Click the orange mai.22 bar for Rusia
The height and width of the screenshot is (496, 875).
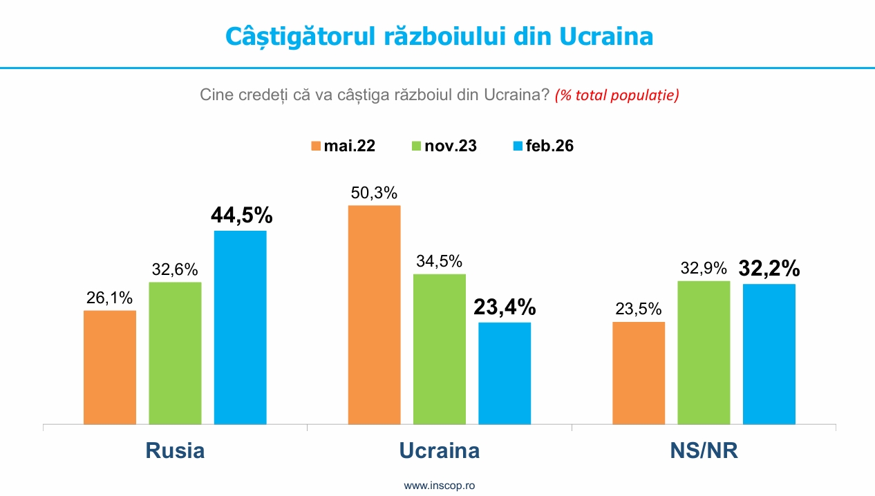[110, 367]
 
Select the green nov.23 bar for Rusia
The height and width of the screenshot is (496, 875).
[175, 353]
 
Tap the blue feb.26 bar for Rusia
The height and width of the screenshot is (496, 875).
[240, 327]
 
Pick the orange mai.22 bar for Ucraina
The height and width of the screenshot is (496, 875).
[374, 314]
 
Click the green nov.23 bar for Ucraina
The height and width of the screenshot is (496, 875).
[440, 349]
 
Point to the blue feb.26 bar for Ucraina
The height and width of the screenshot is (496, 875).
[505, 373]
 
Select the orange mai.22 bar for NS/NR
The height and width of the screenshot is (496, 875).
[639, 372]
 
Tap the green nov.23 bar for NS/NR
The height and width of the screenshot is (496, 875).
[704, 352]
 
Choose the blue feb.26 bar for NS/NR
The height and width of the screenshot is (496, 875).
[769, 354]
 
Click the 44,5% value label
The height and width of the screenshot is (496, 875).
[241, 216]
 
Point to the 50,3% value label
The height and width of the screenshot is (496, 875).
[374, 193]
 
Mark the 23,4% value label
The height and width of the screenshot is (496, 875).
[505, 307]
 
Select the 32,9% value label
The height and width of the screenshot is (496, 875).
[704, 268]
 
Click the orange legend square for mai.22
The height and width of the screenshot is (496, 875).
[316, 146]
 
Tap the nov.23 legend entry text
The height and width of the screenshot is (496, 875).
[451, 146]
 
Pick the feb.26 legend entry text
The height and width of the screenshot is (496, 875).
[549, 146]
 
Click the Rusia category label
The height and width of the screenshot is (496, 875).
[175, 450]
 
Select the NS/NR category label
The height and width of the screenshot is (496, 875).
[704, 450]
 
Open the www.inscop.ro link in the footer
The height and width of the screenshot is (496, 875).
[439, 486]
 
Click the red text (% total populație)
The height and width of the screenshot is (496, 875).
[617, 95]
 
